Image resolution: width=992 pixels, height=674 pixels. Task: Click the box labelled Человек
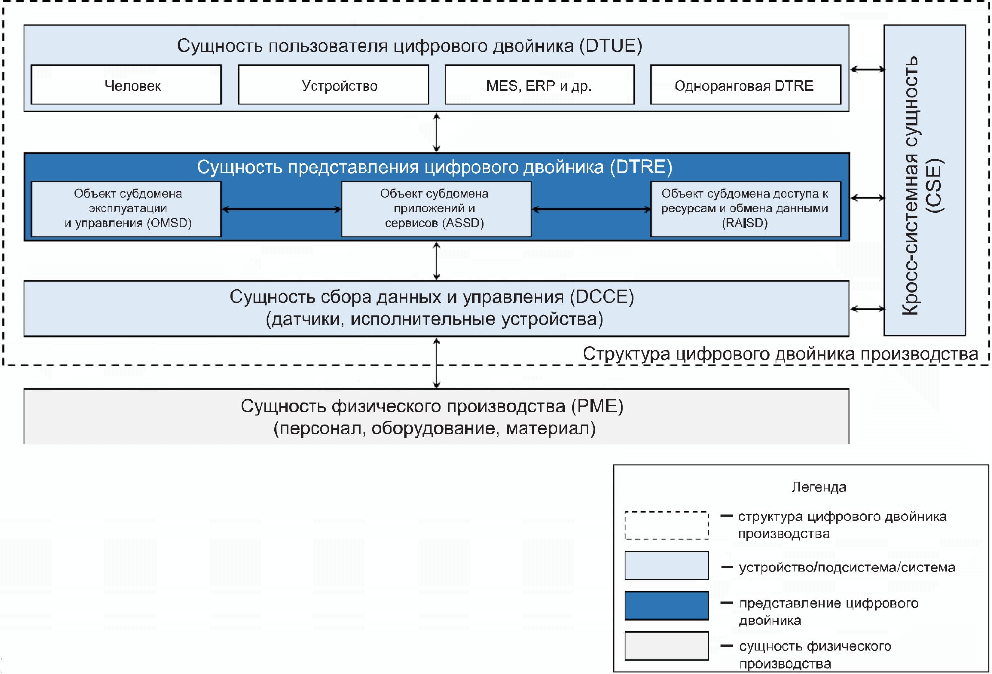[126, 85]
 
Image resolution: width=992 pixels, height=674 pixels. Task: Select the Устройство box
[333, 85]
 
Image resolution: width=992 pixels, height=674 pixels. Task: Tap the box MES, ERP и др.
[539, 85]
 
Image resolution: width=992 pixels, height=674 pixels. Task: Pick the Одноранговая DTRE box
[745, 85]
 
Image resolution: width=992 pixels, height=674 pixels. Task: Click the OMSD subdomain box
[126, 208]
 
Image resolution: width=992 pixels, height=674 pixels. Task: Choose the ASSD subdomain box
[436, 208]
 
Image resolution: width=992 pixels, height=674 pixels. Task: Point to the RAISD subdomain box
[745, 208]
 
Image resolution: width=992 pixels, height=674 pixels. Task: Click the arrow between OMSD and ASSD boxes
[281, 209]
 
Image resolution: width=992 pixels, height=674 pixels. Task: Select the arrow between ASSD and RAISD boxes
[591, 209]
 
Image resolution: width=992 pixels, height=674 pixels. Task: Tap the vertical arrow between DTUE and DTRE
[436, 132]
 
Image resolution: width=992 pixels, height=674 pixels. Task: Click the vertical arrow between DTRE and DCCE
[436, 261]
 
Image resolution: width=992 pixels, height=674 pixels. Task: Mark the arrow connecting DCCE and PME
[436, 363]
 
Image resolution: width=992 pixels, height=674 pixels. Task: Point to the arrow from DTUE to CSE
[867, 69]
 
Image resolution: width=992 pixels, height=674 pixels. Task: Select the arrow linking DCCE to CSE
[867, 309]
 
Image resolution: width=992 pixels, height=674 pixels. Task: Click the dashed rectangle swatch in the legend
[666, 525]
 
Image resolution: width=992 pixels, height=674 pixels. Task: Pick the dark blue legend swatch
[666, 605]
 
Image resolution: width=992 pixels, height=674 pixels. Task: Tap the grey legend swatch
[666, 646]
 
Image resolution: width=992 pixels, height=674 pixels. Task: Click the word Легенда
[819, 487]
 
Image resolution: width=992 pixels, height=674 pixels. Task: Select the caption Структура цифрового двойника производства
[780, 354]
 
